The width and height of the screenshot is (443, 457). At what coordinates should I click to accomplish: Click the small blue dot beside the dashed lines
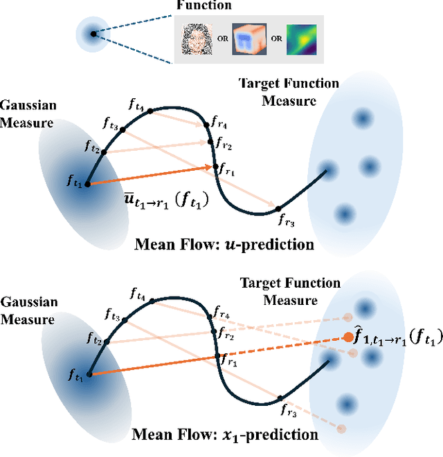click(x=93, y=32)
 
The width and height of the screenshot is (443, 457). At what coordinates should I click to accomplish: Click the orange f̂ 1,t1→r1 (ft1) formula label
click(x=395, y=339)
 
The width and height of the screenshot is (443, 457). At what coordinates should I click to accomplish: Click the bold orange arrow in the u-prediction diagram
click(x=149, y=176)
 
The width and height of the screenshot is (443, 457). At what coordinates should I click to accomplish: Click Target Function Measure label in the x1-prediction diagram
click(x=289, y=291)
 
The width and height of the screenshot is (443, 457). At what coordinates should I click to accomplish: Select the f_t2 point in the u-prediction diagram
click(x=105, y=151)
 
